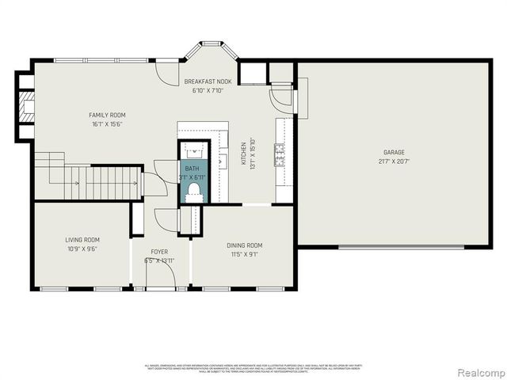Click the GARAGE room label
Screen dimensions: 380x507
[394, 152]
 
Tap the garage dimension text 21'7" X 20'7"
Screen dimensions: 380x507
[394, 161]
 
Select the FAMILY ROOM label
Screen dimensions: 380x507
[107, 116]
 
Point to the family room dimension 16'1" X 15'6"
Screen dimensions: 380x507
[107, 124]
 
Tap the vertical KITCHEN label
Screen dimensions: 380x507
[244, 154]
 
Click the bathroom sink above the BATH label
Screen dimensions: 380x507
[193, 150]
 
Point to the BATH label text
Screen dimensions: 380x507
[193, 169]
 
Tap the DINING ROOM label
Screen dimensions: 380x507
[244, 245]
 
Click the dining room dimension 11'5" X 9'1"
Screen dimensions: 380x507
[244, 254]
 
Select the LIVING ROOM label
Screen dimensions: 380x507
[82, 239]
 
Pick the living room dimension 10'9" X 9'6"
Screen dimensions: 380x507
[82, 248]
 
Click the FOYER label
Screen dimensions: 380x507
[159, 252]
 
